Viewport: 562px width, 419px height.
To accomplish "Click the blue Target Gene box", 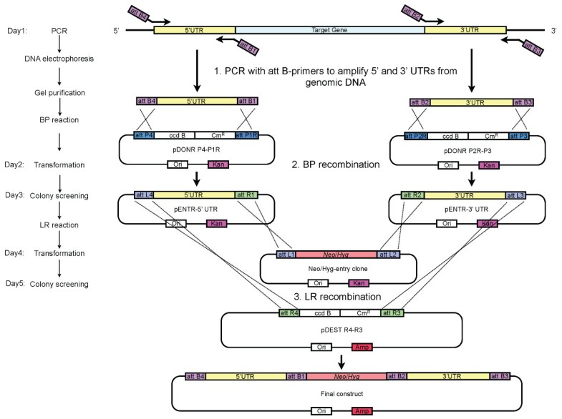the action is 330,30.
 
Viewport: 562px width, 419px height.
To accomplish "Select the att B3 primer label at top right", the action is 533,48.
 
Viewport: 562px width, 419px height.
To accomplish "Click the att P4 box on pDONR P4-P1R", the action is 144,135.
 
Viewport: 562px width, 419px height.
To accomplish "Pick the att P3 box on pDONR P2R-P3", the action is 518,136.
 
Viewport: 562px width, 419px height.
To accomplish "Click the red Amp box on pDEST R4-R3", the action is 362,347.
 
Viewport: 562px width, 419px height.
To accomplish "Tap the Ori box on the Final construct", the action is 321,411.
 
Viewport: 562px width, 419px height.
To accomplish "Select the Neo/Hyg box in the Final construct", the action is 347,376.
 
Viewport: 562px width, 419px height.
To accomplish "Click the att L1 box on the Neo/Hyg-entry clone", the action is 286,255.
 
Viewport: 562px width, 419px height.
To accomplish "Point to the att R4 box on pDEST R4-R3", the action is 289,313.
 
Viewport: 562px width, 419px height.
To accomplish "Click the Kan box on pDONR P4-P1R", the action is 218,164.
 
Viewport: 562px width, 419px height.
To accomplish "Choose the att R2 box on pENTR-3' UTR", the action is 412,195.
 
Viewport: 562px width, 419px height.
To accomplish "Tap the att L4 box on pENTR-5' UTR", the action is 144,194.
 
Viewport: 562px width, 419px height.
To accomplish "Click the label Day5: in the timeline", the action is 15,283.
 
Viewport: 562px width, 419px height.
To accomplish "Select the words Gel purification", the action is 59,93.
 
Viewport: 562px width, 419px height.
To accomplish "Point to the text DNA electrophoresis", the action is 59,59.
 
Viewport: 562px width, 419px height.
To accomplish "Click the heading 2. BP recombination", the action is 336,164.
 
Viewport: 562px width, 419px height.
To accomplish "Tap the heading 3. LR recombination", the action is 337,297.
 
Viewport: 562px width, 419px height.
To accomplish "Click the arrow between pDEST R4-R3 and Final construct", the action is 341,362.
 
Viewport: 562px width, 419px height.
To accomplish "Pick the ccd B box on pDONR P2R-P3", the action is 448,136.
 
